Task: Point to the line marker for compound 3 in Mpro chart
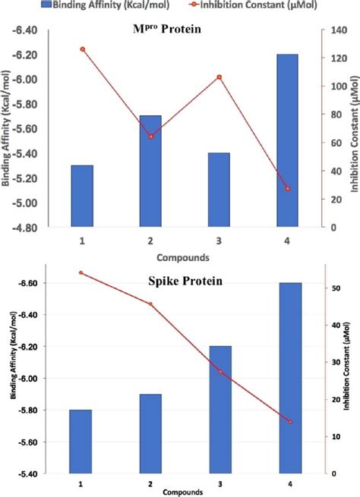[x=219, y=77]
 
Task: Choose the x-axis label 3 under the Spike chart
[x=220, y=483]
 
